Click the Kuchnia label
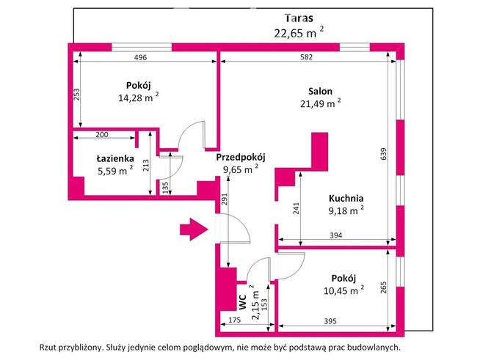click(x=346, y=197)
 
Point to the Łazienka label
click(x=114, y=158)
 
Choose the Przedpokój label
click(x=240, y=157)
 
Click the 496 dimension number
click(x=141, y=59)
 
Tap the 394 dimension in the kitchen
click(x=335, y=236)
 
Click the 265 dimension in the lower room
click(x=383, y=287)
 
